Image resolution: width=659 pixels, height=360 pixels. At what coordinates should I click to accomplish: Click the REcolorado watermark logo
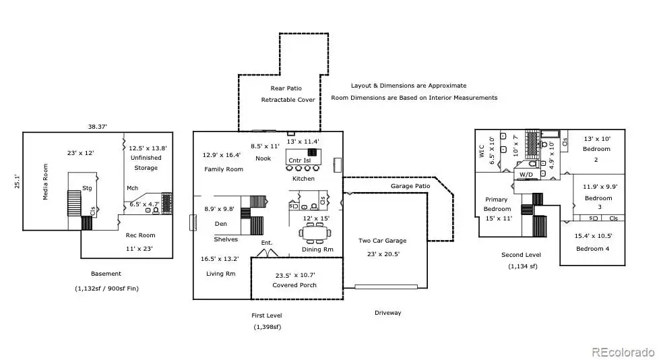(623, 352)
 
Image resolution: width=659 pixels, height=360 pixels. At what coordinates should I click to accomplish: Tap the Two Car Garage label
(383, 241)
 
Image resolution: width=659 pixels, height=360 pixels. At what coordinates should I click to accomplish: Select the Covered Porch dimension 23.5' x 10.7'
(295, 276)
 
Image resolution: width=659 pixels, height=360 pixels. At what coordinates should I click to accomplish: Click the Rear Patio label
(286, 88)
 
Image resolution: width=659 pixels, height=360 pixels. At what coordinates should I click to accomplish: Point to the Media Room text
(45, 181)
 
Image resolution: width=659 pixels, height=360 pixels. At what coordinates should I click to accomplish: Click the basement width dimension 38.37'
(98, 126)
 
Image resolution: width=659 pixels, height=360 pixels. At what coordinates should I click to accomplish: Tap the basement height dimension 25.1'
(18, 181)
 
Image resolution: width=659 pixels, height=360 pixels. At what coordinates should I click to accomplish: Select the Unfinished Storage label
(146, 162)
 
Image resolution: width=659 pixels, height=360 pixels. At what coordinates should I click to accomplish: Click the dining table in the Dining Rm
(315, 233)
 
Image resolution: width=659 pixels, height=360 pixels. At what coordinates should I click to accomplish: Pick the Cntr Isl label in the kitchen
(300, 160)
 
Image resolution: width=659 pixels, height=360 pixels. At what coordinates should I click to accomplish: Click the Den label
(220, 224)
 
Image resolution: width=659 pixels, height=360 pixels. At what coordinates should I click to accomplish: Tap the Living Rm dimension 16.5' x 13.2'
(220, 259)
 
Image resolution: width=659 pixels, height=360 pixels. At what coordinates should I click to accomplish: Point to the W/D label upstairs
(526, 175)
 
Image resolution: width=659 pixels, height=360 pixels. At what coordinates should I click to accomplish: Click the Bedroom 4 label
(592, 249)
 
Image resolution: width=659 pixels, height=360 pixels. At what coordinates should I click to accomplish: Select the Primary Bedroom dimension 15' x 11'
(499, 218)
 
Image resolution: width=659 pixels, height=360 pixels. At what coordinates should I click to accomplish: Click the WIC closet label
(482, 152)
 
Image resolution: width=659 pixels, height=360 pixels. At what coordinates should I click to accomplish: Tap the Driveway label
(388, 313)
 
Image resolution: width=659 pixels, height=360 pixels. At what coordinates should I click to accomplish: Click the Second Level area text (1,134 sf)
(522, 266)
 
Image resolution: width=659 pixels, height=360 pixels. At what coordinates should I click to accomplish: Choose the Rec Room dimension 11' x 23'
(139, 249)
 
